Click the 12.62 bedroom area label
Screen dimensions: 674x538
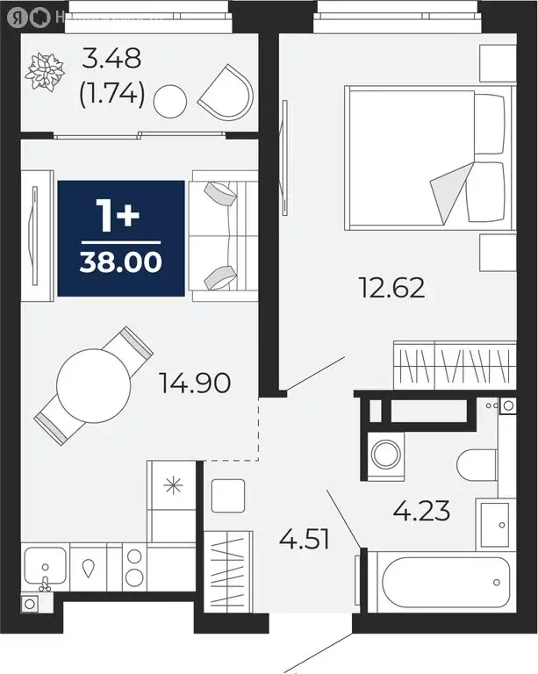click(392, 287)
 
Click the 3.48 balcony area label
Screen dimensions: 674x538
click(111, 60)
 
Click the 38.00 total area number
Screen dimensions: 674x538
click(121, 262)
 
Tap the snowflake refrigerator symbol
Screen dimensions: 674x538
click(171, 484)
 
